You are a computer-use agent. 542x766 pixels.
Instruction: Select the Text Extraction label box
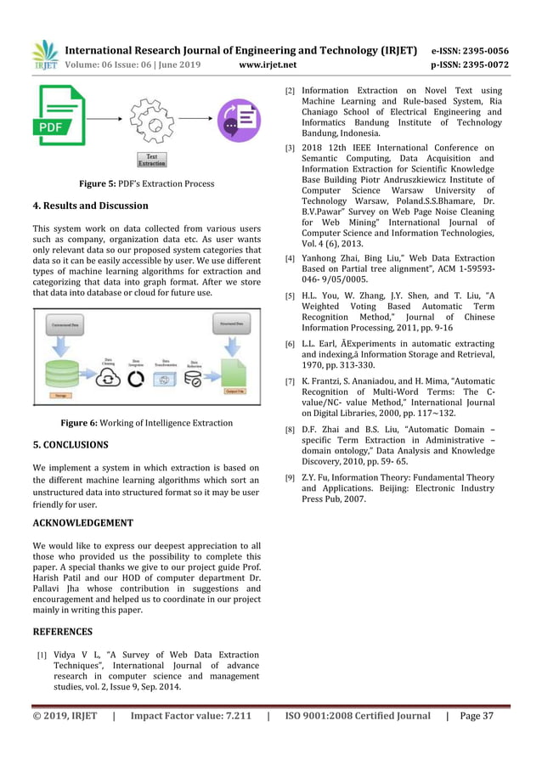click(x=152, y=160)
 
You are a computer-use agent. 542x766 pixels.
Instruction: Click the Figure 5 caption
click(x=146, y=183)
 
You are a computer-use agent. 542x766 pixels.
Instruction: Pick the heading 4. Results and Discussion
click(x=90, y=206)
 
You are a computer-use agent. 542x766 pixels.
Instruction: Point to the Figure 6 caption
click(x=146, y=423)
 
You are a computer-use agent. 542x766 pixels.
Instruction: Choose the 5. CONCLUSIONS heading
click(x=70, y=445)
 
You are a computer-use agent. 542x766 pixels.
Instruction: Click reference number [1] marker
click(x=41, y=656)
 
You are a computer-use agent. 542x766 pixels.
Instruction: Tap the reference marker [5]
click(x=290, y=296)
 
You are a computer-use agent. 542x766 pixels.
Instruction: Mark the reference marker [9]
click(x=290, y=478)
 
